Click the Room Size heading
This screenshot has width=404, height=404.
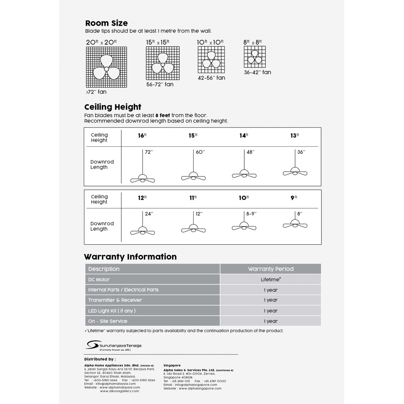107,23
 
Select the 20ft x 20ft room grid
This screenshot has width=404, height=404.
107,67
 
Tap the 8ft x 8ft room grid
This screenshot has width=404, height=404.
254,58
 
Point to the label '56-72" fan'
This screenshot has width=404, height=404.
160,84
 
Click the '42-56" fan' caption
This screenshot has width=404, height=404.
211,78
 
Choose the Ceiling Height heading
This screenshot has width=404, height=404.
113,107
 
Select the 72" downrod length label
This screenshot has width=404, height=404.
149,152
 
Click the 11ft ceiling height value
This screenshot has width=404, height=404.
193,198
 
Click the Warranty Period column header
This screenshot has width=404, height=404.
271,269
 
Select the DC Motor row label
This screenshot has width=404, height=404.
99,280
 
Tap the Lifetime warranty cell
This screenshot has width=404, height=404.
271,279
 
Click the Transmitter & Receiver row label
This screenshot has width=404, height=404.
115,300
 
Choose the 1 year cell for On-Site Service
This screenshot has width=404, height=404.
271,321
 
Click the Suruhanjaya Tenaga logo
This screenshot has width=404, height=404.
113,345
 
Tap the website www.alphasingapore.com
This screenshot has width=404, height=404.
200,388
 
